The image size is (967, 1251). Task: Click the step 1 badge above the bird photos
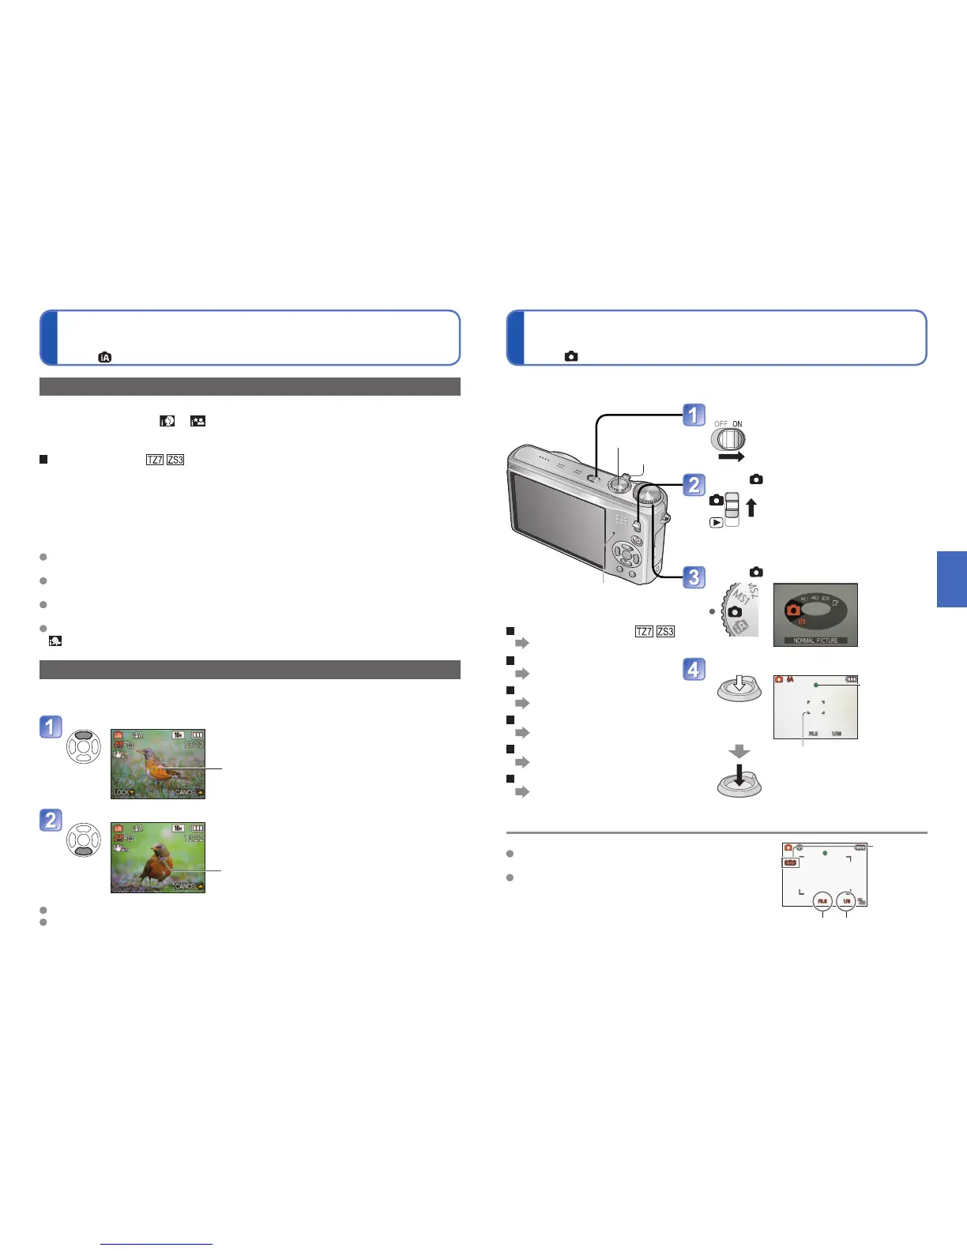pyautogui.click(x=51, y=727)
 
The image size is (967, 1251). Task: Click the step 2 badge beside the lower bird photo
pyautogui.click(x=51, y=820)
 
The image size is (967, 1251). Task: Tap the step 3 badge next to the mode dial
pyautogui.click(x=694, y=577)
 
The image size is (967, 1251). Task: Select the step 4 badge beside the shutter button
pyautogui.click(x=694, y=670)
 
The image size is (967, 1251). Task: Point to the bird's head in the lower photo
pyautogui.click(x=160, y=851)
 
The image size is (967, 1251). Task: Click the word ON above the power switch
pyautogui.click(x=737, y=424)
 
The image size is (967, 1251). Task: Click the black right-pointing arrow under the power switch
pyautogui.click(x=731, y=457)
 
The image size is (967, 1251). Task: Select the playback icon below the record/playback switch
pyautogui.click(x=716, y=522)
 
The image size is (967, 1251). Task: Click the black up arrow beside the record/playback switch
pyautogui.click(x=751, y=506)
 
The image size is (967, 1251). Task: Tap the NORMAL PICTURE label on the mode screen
pyautogui.click(x=815, y=641)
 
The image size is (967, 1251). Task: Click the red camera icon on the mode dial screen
pyautogui.click(x=792, y=610)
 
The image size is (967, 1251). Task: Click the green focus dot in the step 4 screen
pyautogui.click(x=816, y=686)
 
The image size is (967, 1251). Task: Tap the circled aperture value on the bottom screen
pyautogui.click(x=822, y=900)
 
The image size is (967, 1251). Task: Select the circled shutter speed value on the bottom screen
pyautogui.click(x=847, y=900)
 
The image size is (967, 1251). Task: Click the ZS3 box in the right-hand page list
pyautogui.click(x=665, y=631)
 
